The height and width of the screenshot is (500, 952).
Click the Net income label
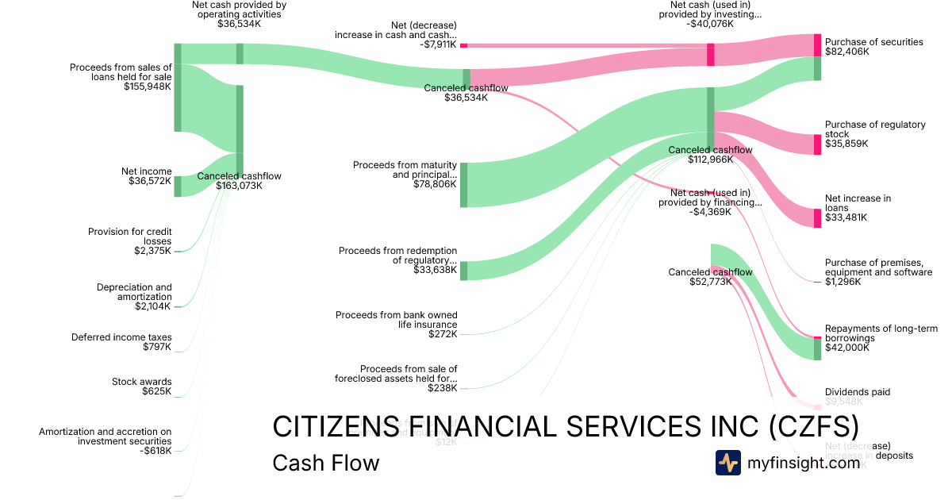[x=146, y=171]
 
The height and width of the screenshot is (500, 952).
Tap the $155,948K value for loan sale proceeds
[x=148, y=87]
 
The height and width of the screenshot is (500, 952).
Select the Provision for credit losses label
[x=130, y=237]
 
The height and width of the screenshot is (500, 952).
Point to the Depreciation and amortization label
[x=134, y=292]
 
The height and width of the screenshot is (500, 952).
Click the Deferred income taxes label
[x=121, y=337]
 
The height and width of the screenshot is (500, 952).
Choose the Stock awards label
[x=141, y=382]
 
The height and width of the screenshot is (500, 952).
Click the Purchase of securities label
[x=873, y=42]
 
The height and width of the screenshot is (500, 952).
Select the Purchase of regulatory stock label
[x=864, y=129]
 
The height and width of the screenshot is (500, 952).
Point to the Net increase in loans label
[x=858, y=203]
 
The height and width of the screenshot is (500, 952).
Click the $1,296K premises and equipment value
[x=843, y=282]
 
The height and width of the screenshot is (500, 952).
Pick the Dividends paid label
[x=857, y=392]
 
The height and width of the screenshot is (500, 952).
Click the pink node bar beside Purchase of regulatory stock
[x=817, y=144]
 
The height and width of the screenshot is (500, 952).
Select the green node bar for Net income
[x=178, y=186]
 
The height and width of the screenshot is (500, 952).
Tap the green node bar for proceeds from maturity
[x=463, y=185]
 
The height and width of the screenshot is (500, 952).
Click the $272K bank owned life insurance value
[x=443, y=334]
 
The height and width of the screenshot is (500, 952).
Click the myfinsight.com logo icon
[x=727, y=463]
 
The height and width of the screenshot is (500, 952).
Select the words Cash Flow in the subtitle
[x=325, y=463]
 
